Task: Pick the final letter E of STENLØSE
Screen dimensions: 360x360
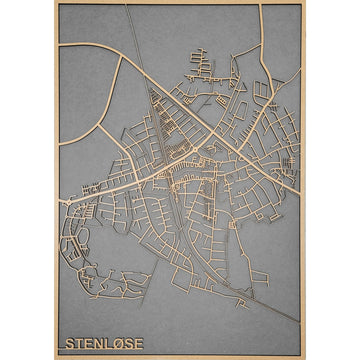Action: pyautogui.click(x=139, y=344)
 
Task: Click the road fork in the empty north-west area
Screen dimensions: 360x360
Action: pyautogui.click(x=119, y=57)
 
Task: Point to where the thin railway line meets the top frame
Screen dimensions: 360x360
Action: pyautogui.click(x=128, y=5)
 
